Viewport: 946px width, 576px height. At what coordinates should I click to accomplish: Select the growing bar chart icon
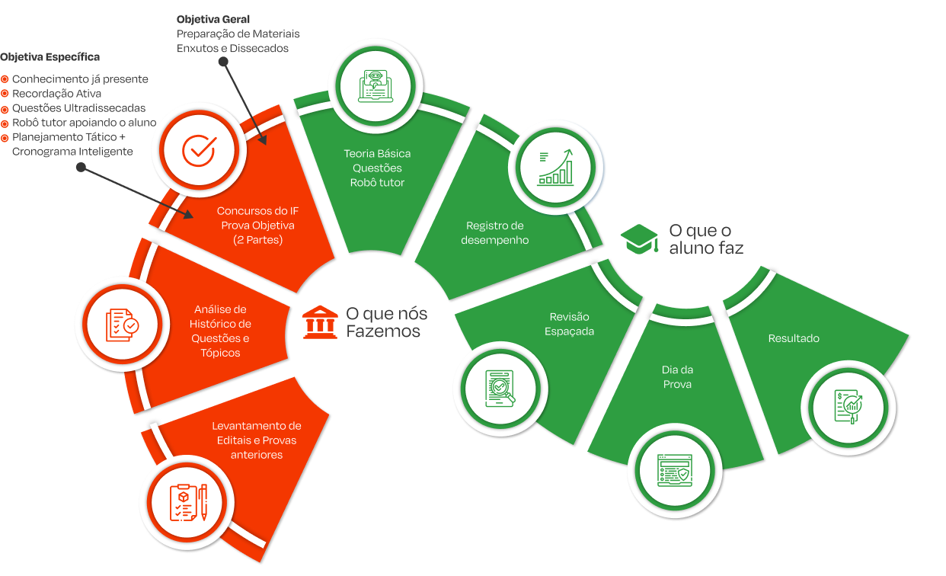[x=555, y=166]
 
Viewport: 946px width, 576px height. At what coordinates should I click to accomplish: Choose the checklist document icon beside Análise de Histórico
[x=123, y=325]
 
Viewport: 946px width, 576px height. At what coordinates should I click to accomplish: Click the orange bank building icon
[x=319, y=323]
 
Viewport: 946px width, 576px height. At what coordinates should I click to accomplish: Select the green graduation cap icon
[x=639, y=238]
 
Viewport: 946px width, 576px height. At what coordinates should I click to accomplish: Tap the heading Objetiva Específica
[x=50, y=57]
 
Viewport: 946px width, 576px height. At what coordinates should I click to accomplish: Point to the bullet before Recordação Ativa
[x=5, y=94]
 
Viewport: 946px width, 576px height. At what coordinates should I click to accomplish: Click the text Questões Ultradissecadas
[x=78, y=108]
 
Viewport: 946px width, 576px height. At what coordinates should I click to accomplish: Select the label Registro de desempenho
[x=495, y=232]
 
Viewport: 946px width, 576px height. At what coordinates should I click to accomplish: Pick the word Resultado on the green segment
[x=794, y=338]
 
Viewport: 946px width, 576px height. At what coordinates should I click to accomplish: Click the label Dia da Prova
[x=677, y=377]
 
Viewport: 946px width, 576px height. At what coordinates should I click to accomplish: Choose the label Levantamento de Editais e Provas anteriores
[x=257, y=440]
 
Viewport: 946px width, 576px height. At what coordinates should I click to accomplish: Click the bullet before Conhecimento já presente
[x=5, y=79]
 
